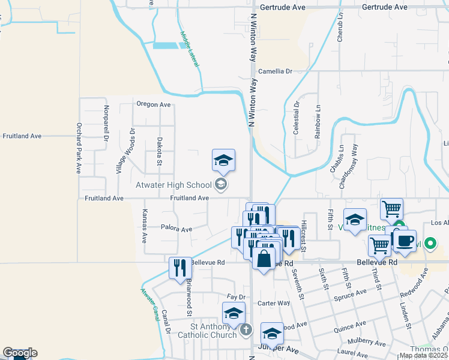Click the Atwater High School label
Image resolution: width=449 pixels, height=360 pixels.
pyautogui.click(x=173, y=185)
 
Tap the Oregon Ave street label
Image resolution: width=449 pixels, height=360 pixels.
pyautogui.click(x=154, y=104)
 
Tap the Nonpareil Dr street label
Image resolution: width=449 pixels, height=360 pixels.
pyautogui.click(x=106, y=123)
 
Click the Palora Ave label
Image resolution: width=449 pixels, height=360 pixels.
pyautogui.click(x=176, y=229)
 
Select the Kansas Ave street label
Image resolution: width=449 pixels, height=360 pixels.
pyautogui.click(x=144, y=226)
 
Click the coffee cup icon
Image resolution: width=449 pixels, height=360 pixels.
pyautogui.click(x=404, y=241)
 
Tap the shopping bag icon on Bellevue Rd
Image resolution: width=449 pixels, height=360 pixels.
pyautogui.click(x=264, y=259)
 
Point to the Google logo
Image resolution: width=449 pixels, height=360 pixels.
pyautogui.click(x=20, y=353)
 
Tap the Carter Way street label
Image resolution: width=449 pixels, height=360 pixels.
pyautogui.click(x=274, y=303)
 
